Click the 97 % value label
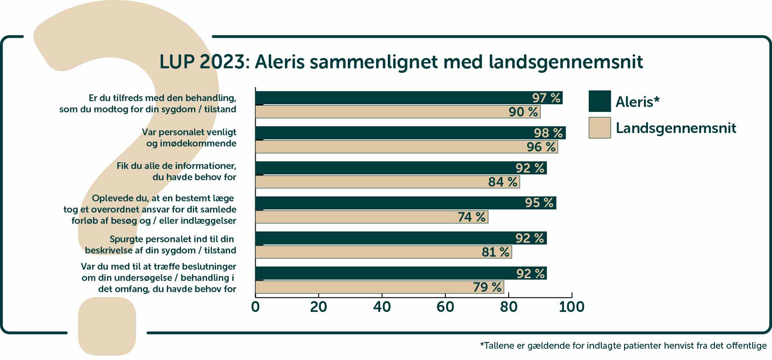pyautogui.click(x=546, y=98)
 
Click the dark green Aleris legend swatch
pyautogui.click(x=599, y=101)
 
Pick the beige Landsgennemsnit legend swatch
pyautogui.click(x=599, y=128)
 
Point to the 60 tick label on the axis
pyautogui.click(x=445, y=307)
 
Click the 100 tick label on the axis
pyautogui.click(x=571, y=307)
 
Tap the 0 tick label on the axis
pyautogui.click(x=255, y=307)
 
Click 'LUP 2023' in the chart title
pyautogui.click(x=202, y=62)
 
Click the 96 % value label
pyautogui.click(x=541, y=147)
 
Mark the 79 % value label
pyautogui.click(x=487, y=287)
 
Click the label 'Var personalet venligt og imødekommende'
pyautogui.click(x=189, y=138)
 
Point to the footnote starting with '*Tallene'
pyautogui.click(x=623, y=346)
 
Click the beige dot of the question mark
pyautogui.click(x=107, y=326)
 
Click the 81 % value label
pyautogui.click(x=495, y=252)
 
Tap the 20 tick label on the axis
pyautogui.click(x=319, y=307)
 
